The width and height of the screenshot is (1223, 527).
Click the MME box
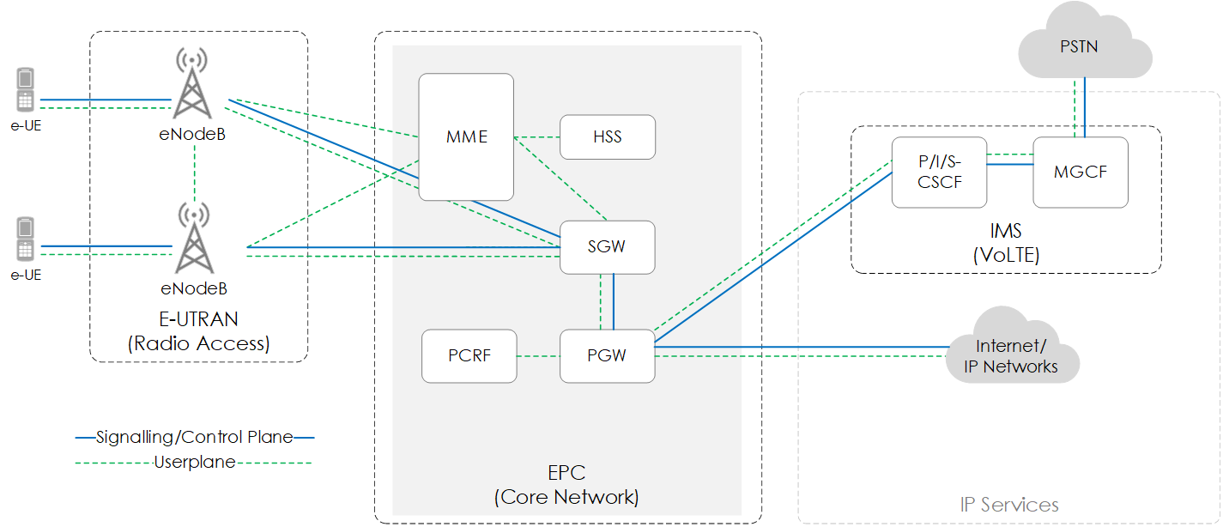466,137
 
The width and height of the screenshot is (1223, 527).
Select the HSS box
607,137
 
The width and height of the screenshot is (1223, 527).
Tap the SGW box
607,247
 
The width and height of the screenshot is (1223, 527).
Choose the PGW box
607,355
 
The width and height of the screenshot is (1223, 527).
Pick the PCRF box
469,355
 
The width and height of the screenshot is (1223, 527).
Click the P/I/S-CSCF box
939,172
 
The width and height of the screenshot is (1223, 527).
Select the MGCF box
1080,172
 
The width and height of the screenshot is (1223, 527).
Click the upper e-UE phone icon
26,90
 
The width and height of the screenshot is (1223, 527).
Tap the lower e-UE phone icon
26,239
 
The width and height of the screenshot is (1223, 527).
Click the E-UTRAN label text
198,319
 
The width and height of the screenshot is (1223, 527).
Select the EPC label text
566,473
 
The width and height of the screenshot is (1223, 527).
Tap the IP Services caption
1008,505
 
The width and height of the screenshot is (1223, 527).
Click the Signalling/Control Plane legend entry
195,438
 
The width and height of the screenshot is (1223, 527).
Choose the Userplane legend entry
195,463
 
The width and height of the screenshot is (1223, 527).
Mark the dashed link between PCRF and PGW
538,356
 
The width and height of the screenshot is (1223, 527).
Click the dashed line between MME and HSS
536,137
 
